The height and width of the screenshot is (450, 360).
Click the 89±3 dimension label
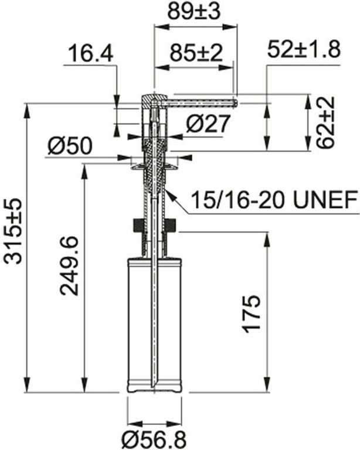coord(194,11)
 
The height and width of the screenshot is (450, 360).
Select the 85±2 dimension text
coord(196,53)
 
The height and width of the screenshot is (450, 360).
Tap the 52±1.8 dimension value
coord(304,49)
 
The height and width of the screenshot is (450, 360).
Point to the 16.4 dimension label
coord(91,53)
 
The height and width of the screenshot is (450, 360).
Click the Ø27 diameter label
coord(208,124)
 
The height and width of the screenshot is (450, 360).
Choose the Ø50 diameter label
coord(70,145)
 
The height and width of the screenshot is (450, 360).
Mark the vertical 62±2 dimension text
coord(326,122)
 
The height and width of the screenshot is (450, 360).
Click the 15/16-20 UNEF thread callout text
coord(274,200)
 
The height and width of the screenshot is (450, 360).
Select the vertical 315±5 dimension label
coord(13,230)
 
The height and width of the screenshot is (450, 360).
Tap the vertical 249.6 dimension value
coord(69,266)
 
